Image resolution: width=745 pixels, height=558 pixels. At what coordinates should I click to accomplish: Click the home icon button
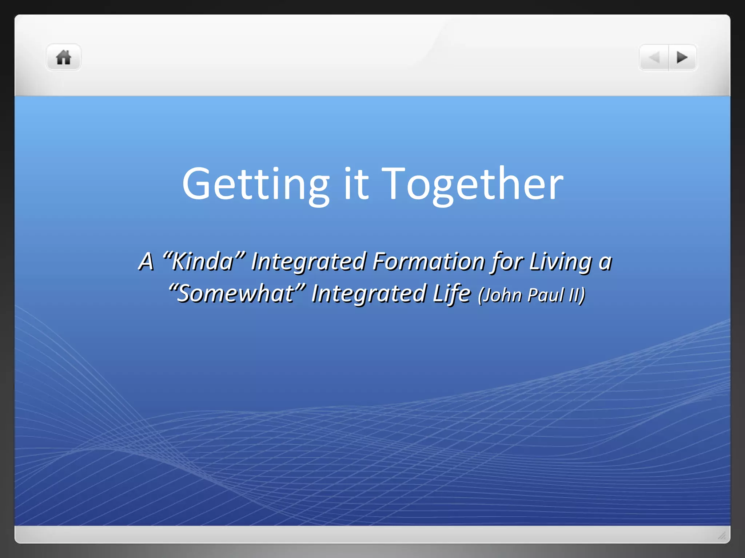(63, 57)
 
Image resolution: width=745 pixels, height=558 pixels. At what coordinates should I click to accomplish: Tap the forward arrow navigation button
(682, 57)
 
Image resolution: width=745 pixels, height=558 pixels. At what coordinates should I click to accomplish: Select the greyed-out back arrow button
(654, 57)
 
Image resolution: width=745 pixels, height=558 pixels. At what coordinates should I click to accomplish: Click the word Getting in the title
(256, 185)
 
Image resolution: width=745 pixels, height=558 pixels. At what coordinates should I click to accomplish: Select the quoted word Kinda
(203, 261)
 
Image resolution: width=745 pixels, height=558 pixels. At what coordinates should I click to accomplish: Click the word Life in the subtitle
(452, 294)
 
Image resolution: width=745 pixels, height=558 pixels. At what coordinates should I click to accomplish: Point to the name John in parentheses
(501, 295)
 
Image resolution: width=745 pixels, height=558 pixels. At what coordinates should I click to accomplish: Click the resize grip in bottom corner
(722, 535)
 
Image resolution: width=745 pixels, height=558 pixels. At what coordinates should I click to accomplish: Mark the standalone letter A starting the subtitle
(146, 261)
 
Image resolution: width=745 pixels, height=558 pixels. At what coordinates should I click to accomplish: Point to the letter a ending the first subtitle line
(605, 262)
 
